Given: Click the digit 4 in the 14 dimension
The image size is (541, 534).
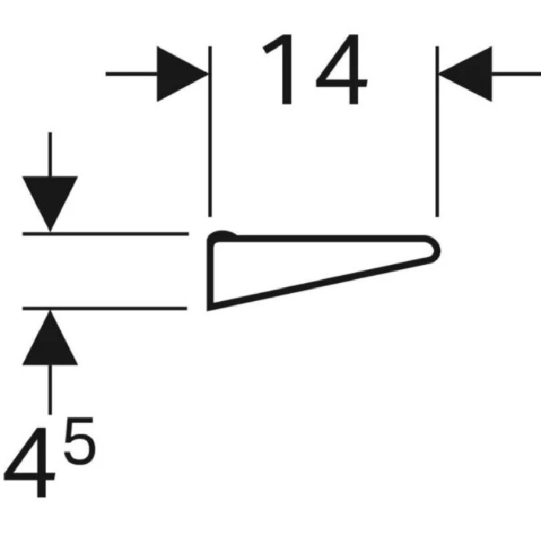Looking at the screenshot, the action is coord(341,69).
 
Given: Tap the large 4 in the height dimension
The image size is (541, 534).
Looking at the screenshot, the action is coord(29,462).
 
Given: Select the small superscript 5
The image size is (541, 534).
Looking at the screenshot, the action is coord(79,441).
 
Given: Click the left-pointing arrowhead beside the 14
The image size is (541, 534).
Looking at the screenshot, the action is coord(465,74).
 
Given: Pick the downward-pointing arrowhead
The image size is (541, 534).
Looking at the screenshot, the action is coord(50,204).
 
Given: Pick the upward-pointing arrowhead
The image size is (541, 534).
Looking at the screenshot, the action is coord(50,338).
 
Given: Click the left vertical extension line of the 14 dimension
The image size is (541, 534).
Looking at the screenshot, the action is coord(210,131).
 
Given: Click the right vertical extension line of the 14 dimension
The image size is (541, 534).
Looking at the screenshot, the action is coord(437,131).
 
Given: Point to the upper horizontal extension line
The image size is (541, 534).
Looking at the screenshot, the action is coord(106,234).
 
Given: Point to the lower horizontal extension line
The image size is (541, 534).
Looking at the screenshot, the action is coord(105,308).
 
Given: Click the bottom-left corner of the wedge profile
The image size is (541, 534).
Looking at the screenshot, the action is coord(209,308).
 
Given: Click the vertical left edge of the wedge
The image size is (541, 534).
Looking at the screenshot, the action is coord(210,272).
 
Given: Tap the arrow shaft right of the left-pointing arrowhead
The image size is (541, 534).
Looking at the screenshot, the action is coord(516,74).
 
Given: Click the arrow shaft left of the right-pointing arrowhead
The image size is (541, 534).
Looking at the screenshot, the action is coord(132,74).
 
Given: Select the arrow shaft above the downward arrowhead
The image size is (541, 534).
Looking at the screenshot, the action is coord(50,154).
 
